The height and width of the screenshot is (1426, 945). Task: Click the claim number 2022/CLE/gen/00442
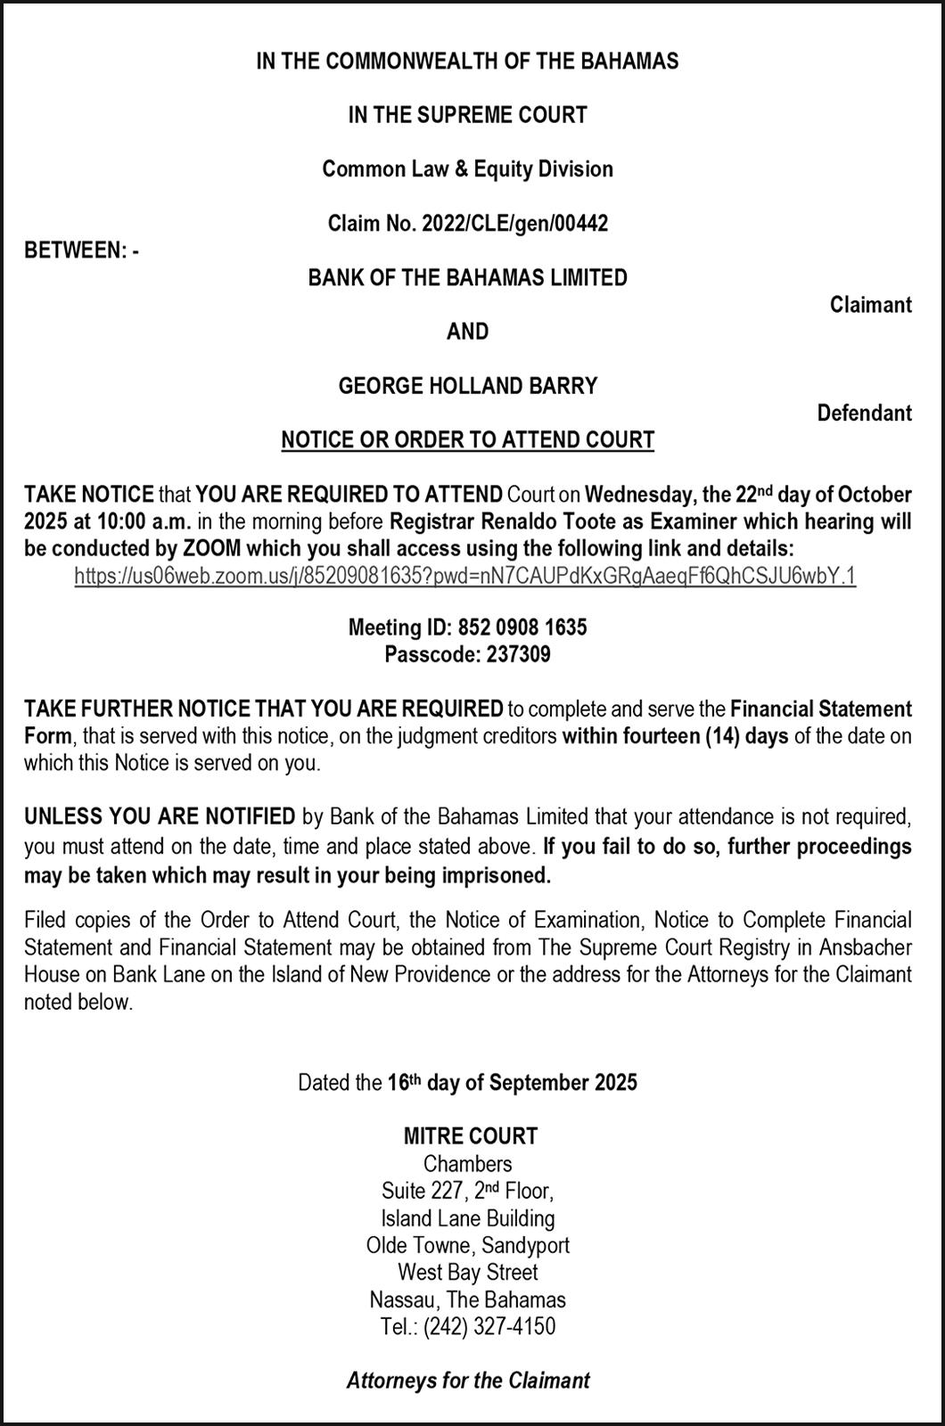click(518, 224)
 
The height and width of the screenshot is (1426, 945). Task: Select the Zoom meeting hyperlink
click(465, 576)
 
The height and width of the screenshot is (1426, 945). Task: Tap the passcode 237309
click(518, 655)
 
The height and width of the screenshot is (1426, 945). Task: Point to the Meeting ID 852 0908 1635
click(522, 627)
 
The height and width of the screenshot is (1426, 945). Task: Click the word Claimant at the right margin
click(870, 305)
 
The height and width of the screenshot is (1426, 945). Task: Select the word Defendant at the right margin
click(864, 413)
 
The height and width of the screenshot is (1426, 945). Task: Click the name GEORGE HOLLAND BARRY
click(467, 386)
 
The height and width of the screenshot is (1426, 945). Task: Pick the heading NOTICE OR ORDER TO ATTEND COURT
click(467, 440)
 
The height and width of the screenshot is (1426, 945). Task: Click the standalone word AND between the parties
click(467, 332)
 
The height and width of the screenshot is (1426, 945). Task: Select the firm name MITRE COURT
click(471, 1136)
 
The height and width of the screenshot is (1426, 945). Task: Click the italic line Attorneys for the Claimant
click(468, 1381)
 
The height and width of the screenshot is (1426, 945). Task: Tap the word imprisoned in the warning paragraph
click(494, 875)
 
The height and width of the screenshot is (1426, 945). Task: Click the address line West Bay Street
click(468, 1272)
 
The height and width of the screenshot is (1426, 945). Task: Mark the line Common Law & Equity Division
click(467, 169)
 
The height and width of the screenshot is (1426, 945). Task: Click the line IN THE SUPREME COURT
click(467, 115)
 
